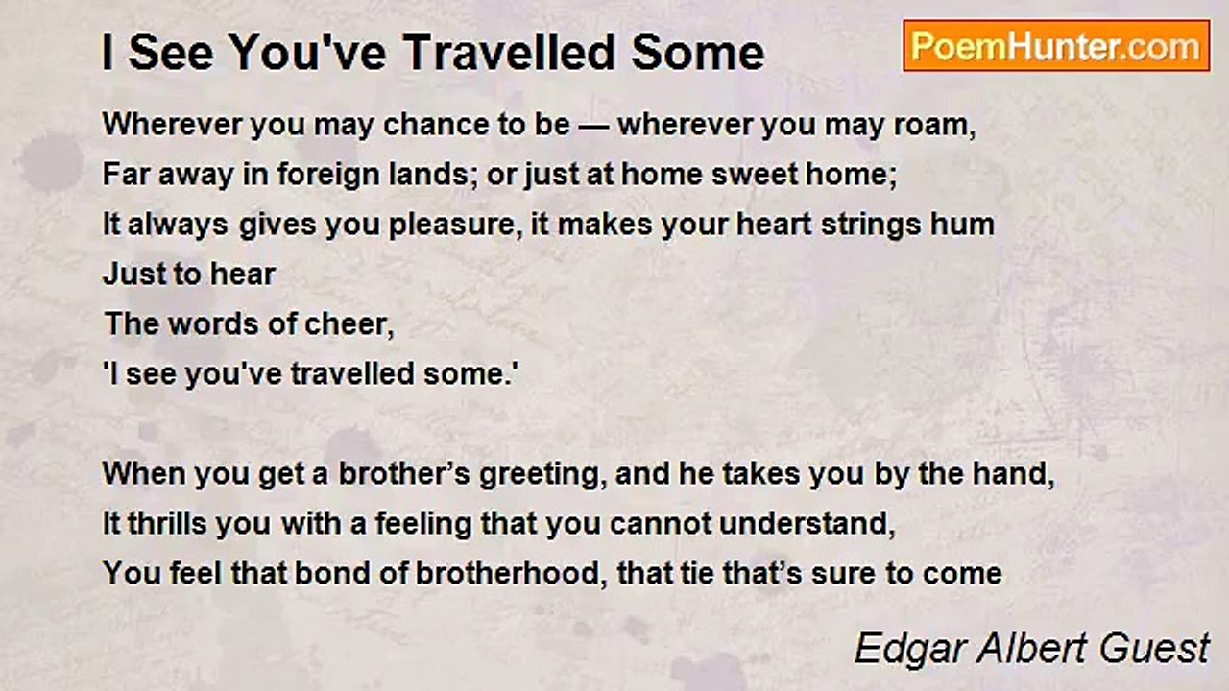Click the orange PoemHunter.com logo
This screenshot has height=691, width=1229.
[1056, 46]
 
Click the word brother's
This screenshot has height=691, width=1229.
[404, 474]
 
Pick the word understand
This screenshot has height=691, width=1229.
[807, 524]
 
